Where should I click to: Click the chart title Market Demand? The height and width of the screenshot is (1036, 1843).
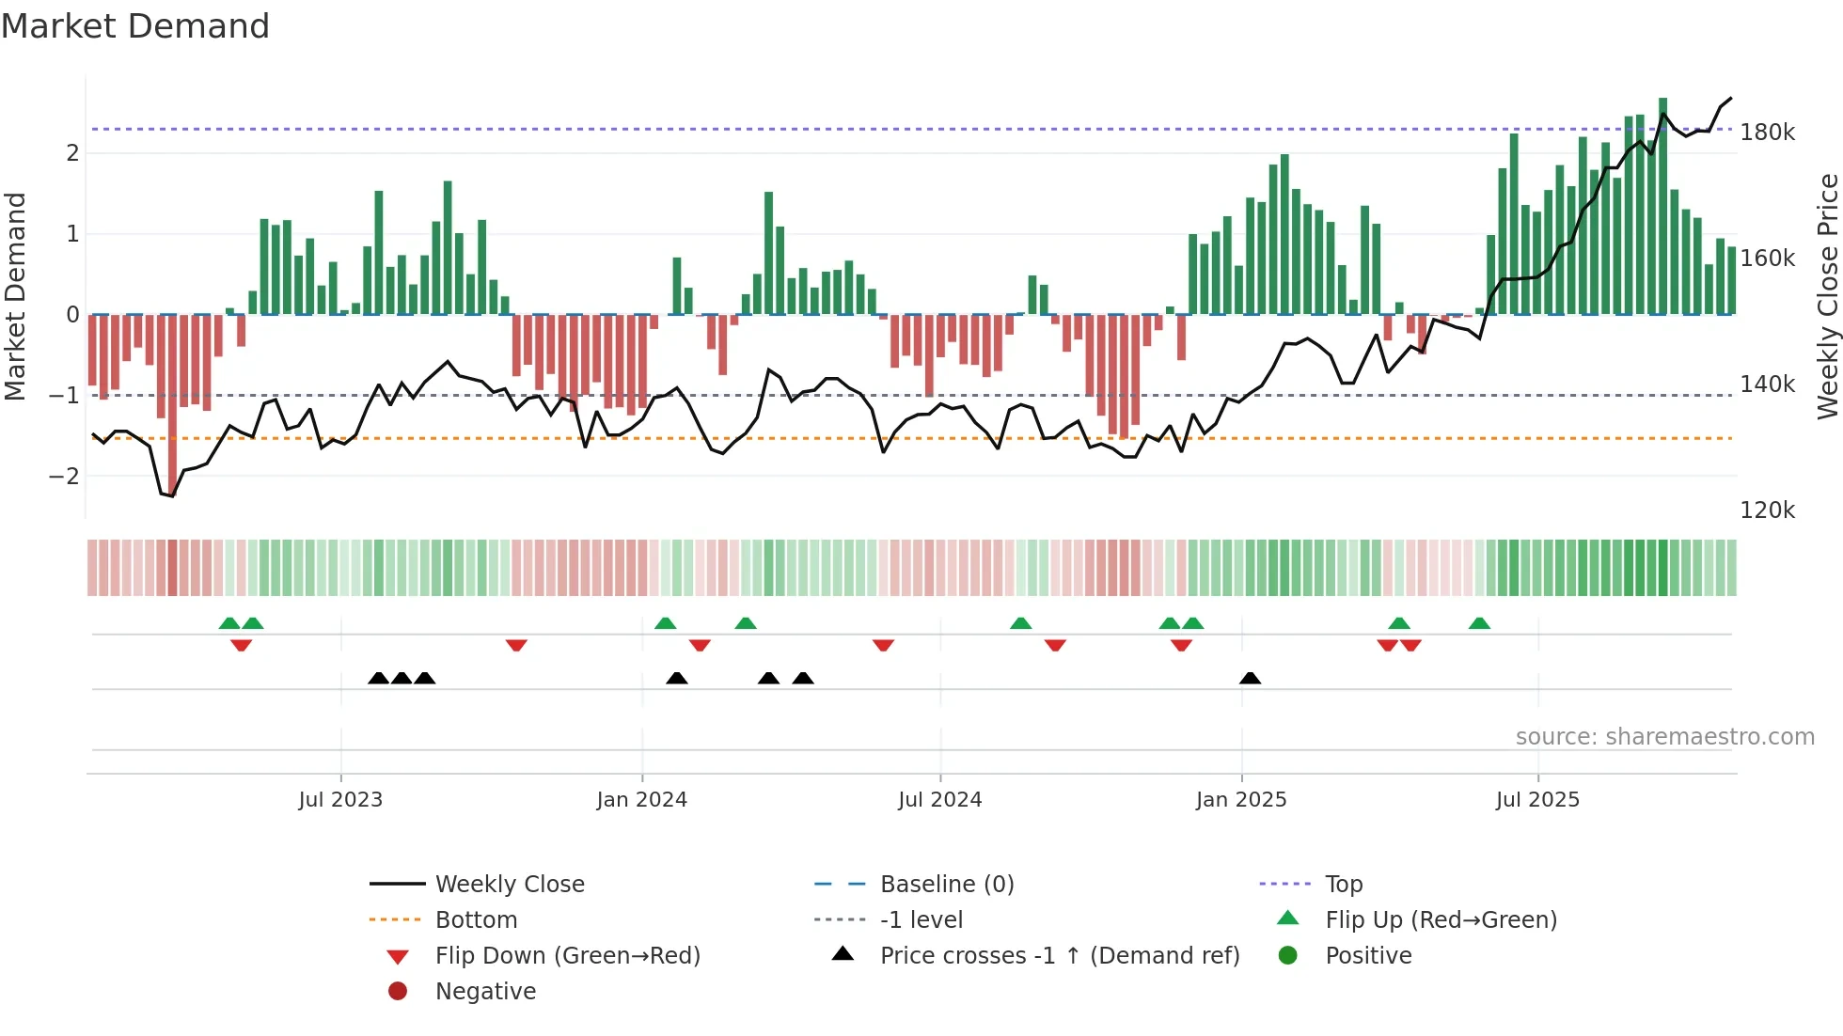(135, 26)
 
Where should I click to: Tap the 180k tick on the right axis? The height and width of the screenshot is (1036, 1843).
(1767, 133)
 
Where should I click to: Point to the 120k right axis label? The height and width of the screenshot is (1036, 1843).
(1767, 510)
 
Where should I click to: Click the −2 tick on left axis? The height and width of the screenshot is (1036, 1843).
(64, 477)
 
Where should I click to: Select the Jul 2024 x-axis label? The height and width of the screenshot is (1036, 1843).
(939, 800)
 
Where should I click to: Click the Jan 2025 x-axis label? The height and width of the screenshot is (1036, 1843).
(1240, 800)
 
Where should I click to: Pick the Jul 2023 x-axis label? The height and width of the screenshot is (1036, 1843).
(340, 800)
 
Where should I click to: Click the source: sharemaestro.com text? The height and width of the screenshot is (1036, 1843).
(1664, 737)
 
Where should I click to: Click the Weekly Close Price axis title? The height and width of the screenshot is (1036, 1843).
(1827, 296)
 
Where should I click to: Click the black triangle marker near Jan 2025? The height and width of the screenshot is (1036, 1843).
(1250, 678)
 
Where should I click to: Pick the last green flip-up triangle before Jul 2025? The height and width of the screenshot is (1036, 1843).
(1479, 623)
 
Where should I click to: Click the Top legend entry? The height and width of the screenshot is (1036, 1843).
(1344, 885)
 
